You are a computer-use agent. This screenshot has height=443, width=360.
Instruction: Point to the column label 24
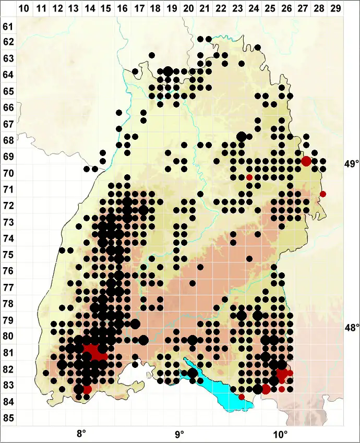(254, 9)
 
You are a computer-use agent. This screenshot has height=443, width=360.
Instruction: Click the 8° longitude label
(81, 434)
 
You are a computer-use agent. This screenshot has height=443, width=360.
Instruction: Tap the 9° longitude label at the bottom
(179, 434)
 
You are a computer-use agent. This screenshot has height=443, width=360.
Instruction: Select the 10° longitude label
(280, 434)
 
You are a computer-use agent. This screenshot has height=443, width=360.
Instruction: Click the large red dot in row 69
(306, 161)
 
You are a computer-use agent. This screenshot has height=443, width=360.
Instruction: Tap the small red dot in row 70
(249, 177)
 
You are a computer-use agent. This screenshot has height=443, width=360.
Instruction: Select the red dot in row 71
(322, 194)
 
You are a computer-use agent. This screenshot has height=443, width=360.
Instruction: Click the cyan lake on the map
(219, 386)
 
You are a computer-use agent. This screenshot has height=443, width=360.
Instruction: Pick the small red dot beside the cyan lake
(242, 397)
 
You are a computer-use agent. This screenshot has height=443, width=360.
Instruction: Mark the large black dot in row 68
(241, 136)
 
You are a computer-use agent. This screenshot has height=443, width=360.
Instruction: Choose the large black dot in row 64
(168, 71)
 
